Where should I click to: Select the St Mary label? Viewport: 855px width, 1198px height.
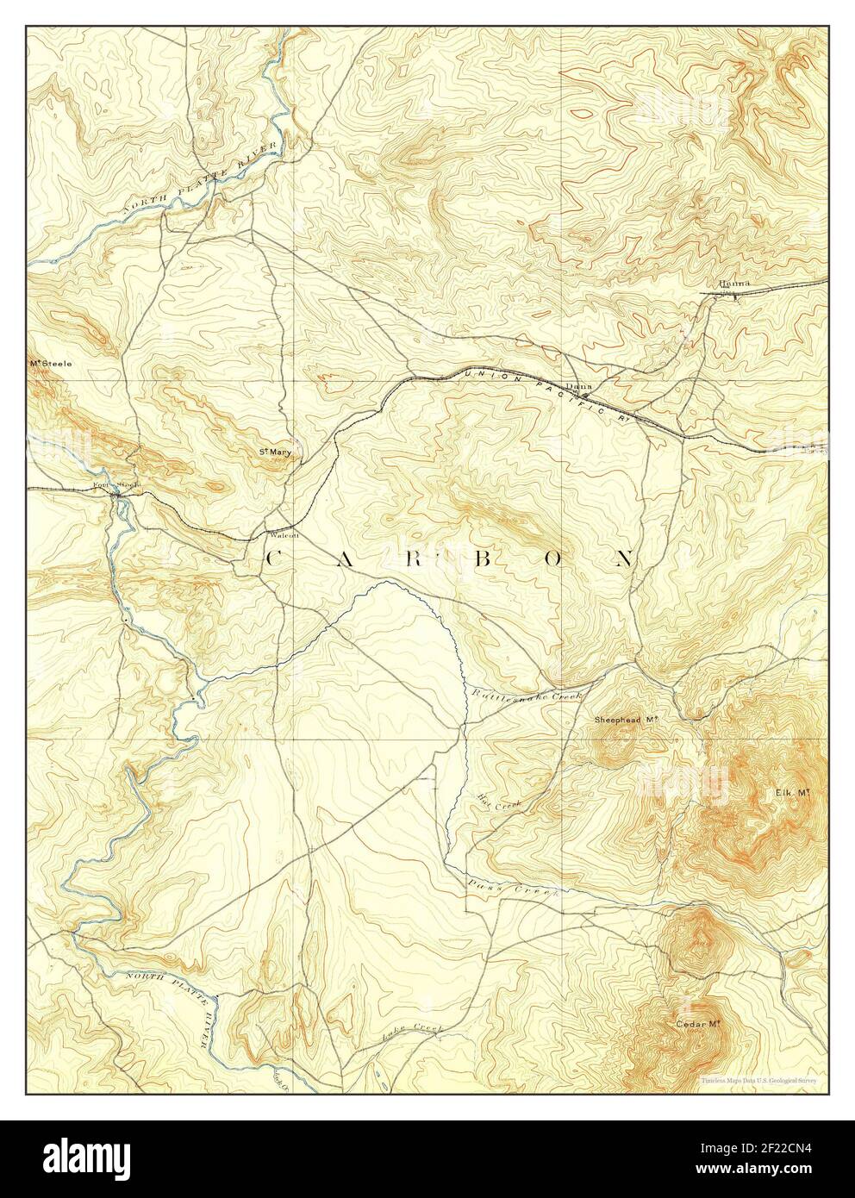point(277,450)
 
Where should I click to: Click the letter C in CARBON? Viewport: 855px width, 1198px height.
point(272,558)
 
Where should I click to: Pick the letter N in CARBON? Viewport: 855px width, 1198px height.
point(626,558)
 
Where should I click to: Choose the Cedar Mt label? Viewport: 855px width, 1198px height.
point(698,1024)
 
